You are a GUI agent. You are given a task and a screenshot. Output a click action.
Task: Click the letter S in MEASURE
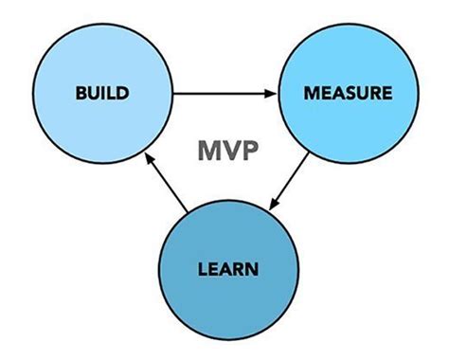[341, 94]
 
